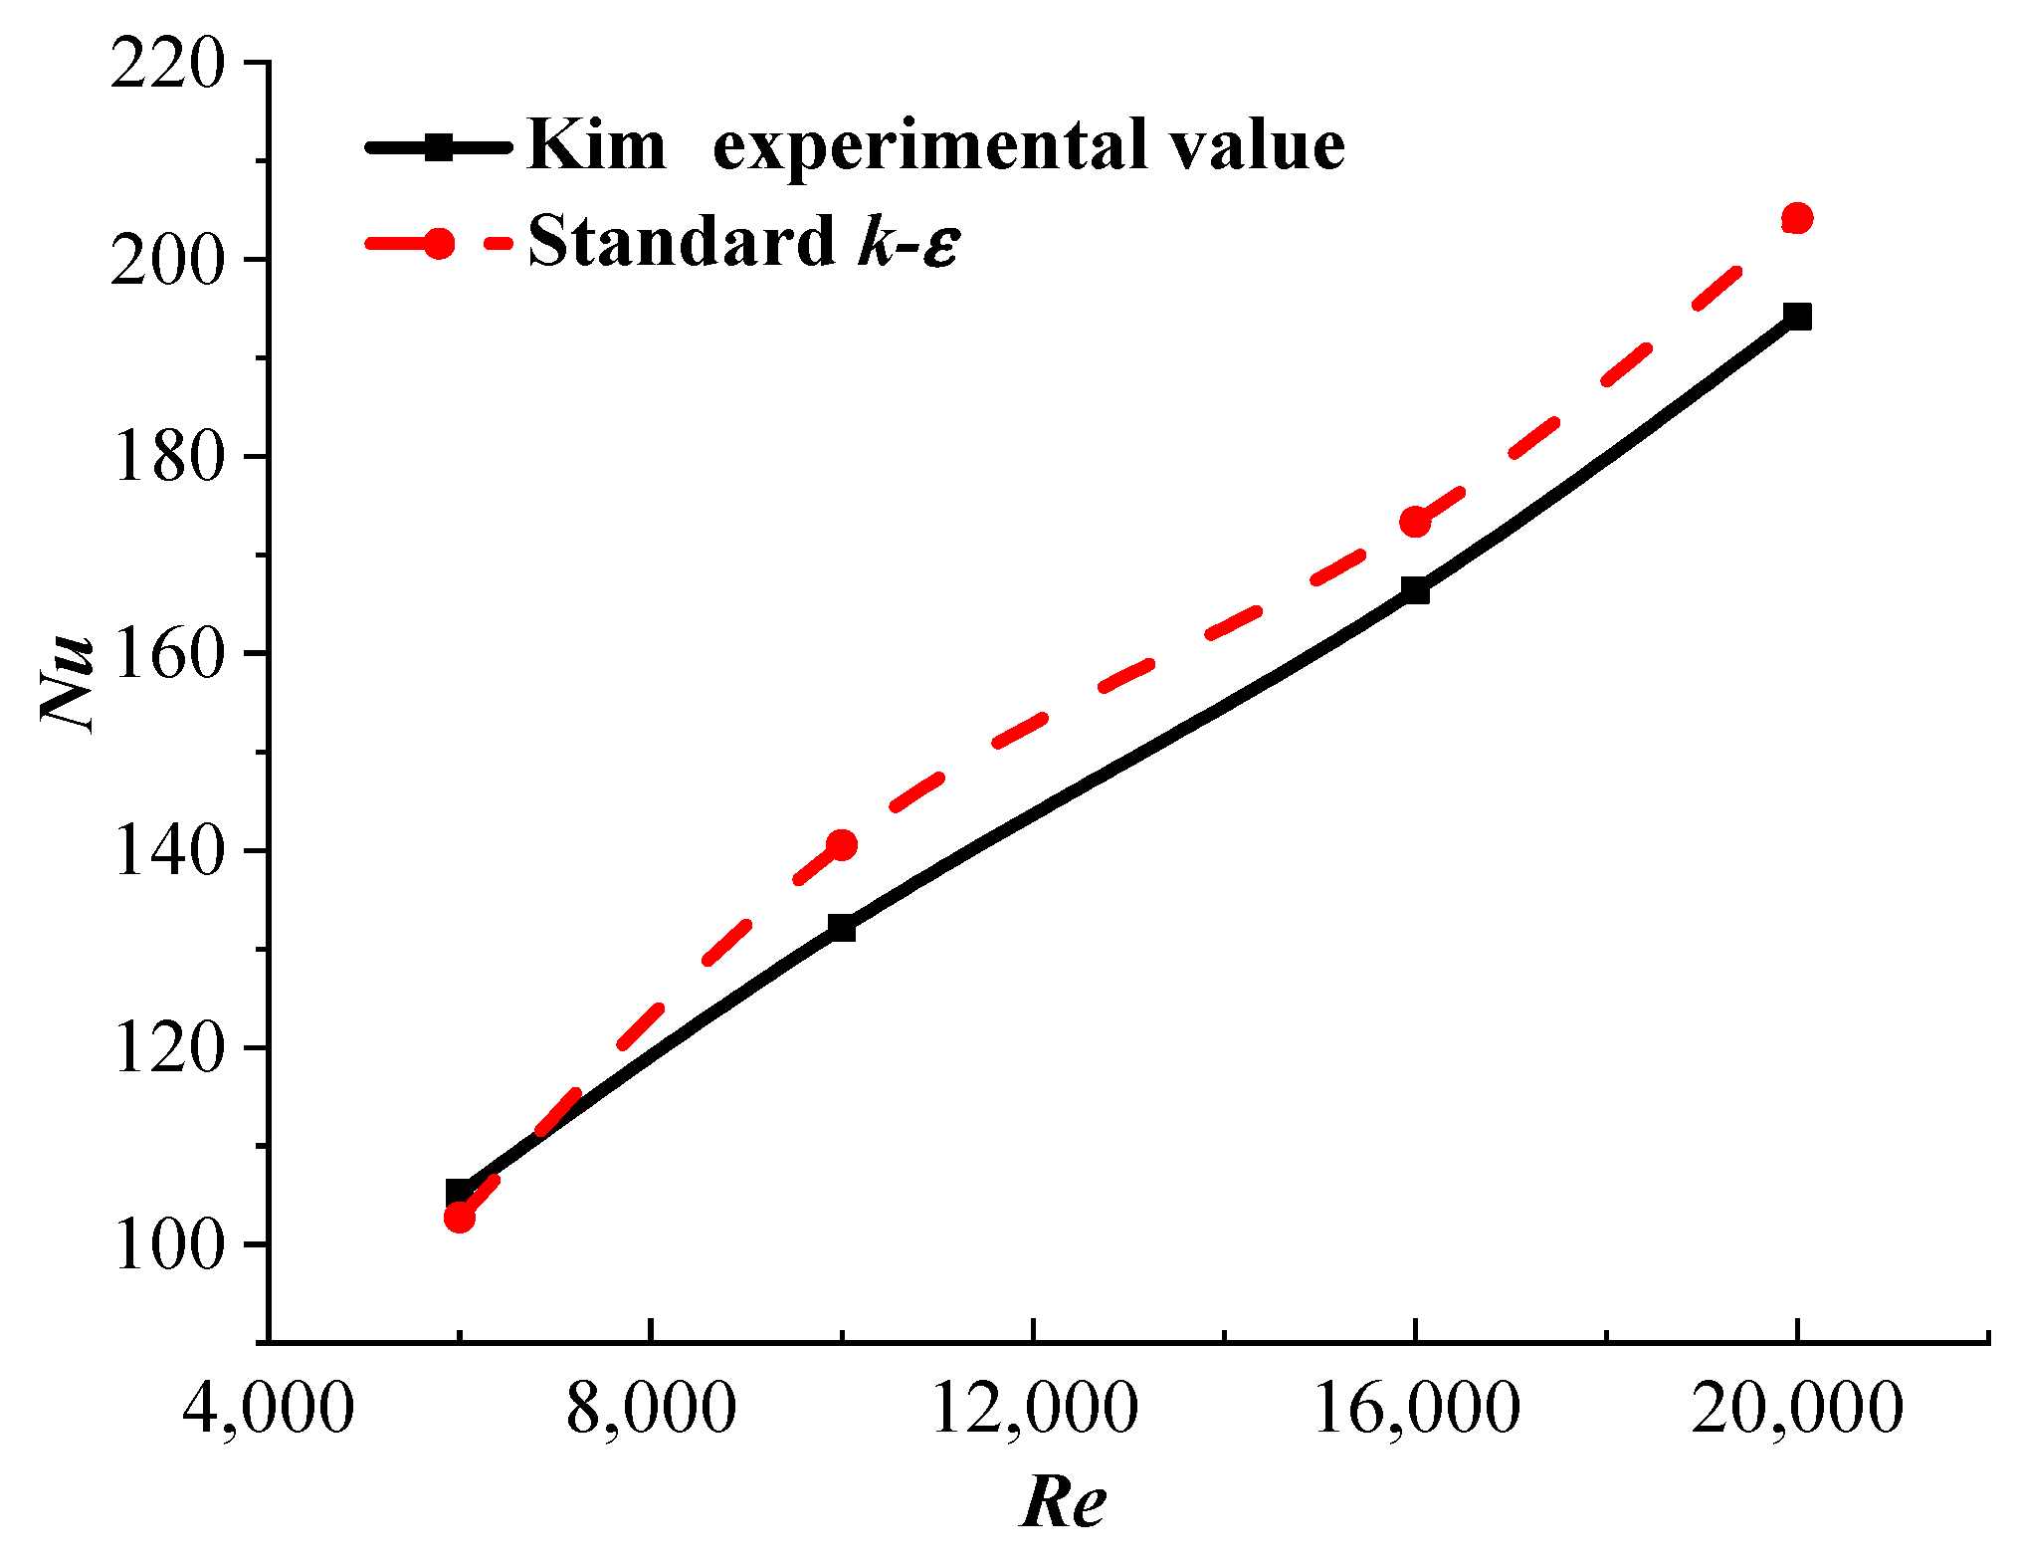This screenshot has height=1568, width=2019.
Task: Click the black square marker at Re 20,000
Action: tap(1797, 317)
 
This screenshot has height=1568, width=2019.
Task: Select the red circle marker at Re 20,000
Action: tap(1797, 218)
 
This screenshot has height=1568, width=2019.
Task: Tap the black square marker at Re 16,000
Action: tap(1414, 591)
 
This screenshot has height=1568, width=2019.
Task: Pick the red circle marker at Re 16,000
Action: tap(1414, 522)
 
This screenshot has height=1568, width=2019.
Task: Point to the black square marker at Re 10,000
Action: tap(842, 928)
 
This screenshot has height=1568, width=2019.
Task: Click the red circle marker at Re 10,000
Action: tap(842, 845)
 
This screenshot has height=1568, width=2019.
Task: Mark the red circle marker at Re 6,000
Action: tap(460, 1217)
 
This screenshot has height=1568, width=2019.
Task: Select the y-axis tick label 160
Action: tap(168, 656)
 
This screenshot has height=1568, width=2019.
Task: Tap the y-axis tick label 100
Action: tap(168, 1246)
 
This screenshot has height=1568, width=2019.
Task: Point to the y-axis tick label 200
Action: tap(168, 263)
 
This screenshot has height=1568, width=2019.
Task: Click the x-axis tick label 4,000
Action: tap(268, 1410)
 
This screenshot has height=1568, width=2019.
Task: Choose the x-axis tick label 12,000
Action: tap(1034, 1410)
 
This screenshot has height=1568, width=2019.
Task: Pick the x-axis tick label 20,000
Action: tap(1797, 1410)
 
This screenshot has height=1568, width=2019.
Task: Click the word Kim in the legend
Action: tap(595, 146)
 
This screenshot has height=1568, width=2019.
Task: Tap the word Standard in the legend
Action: tap(681, 242)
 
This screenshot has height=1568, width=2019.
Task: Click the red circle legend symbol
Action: tap(439, 244)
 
